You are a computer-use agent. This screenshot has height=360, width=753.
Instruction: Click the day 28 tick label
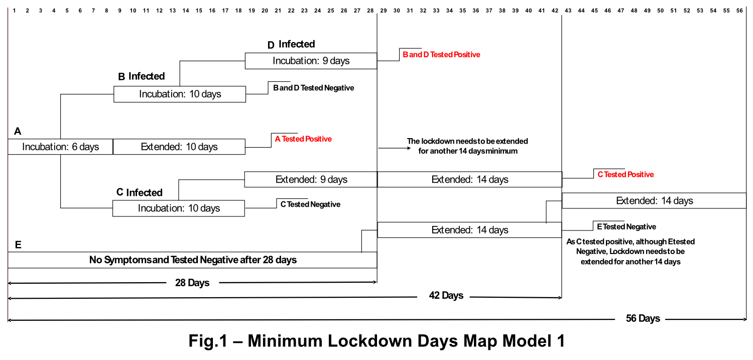pyautogui.click(x=370, y=11)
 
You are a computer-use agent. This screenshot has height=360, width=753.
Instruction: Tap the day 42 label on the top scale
pyautogui.click(x=555, y=11)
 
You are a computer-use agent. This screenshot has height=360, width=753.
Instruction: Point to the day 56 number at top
pyautogui.click(x=739, y=11)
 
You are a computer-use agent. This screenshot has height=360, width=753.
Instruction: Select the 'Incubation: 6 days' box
pyautogui.click(x=61, y=147)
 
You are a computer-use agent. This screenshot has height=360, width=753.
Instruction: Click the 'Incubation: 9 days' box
pyautogui.click(x=311, y=61)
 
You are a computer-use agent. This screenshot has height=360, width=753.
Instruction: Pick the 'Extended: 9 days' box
pyautogui.click(x=311, y=179)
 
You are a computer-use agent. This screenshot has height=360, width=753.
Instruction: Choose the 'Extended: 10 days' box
pyautogui.click(x=179, y=147)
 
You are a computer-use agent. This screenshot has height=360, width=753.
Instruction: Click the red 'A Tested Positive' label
pyautogui.click(x=303, y=139)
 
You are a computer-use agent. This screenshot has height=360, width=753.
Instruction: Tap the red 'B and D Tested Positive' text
pyautogui.click(x=441, y=54)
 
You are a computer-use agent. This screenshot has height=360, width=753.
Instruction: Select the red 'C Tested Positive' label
pyautogui.click(x=625, y=174)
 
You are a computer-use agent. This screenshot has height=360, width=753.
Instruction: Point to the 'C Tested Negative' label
pyautogui.click(x=310, y=204)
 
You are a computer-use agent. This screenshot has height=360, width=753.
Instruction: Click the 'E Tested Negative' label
pyautogui.click(x=626, y=227)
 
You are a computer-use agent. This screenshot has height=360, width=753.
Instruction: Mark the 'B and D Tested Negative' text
pyautogui.click(x=313, y=88)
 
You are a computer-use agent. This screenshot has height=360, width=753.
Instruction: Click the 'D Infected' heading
pyautogui.click(x=291, y=44)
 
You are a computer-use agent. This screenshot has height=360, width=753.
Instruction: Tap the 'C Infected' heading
pyautogui.click(x=139, y=192)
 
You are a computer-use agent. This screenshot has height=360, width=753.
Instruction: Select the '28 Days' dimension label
pyautogui.click(x=192, y=283)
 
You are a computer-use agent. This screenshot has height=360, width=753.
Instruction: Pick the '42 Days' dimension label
pyautogui.click(x=446, y=295)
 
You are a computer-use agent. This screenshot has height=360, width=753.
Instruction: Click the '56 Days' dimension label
pyautogui.click(x=643, y=318)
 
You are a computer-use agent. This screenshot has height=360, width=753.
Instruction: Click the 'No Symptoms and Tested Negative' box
pyautogui.click(x=193, y=260)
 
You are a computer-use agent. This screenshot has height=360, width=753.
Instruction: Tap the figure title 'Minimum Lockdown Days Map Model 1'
pyautogui.click(x=406, y=340)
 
